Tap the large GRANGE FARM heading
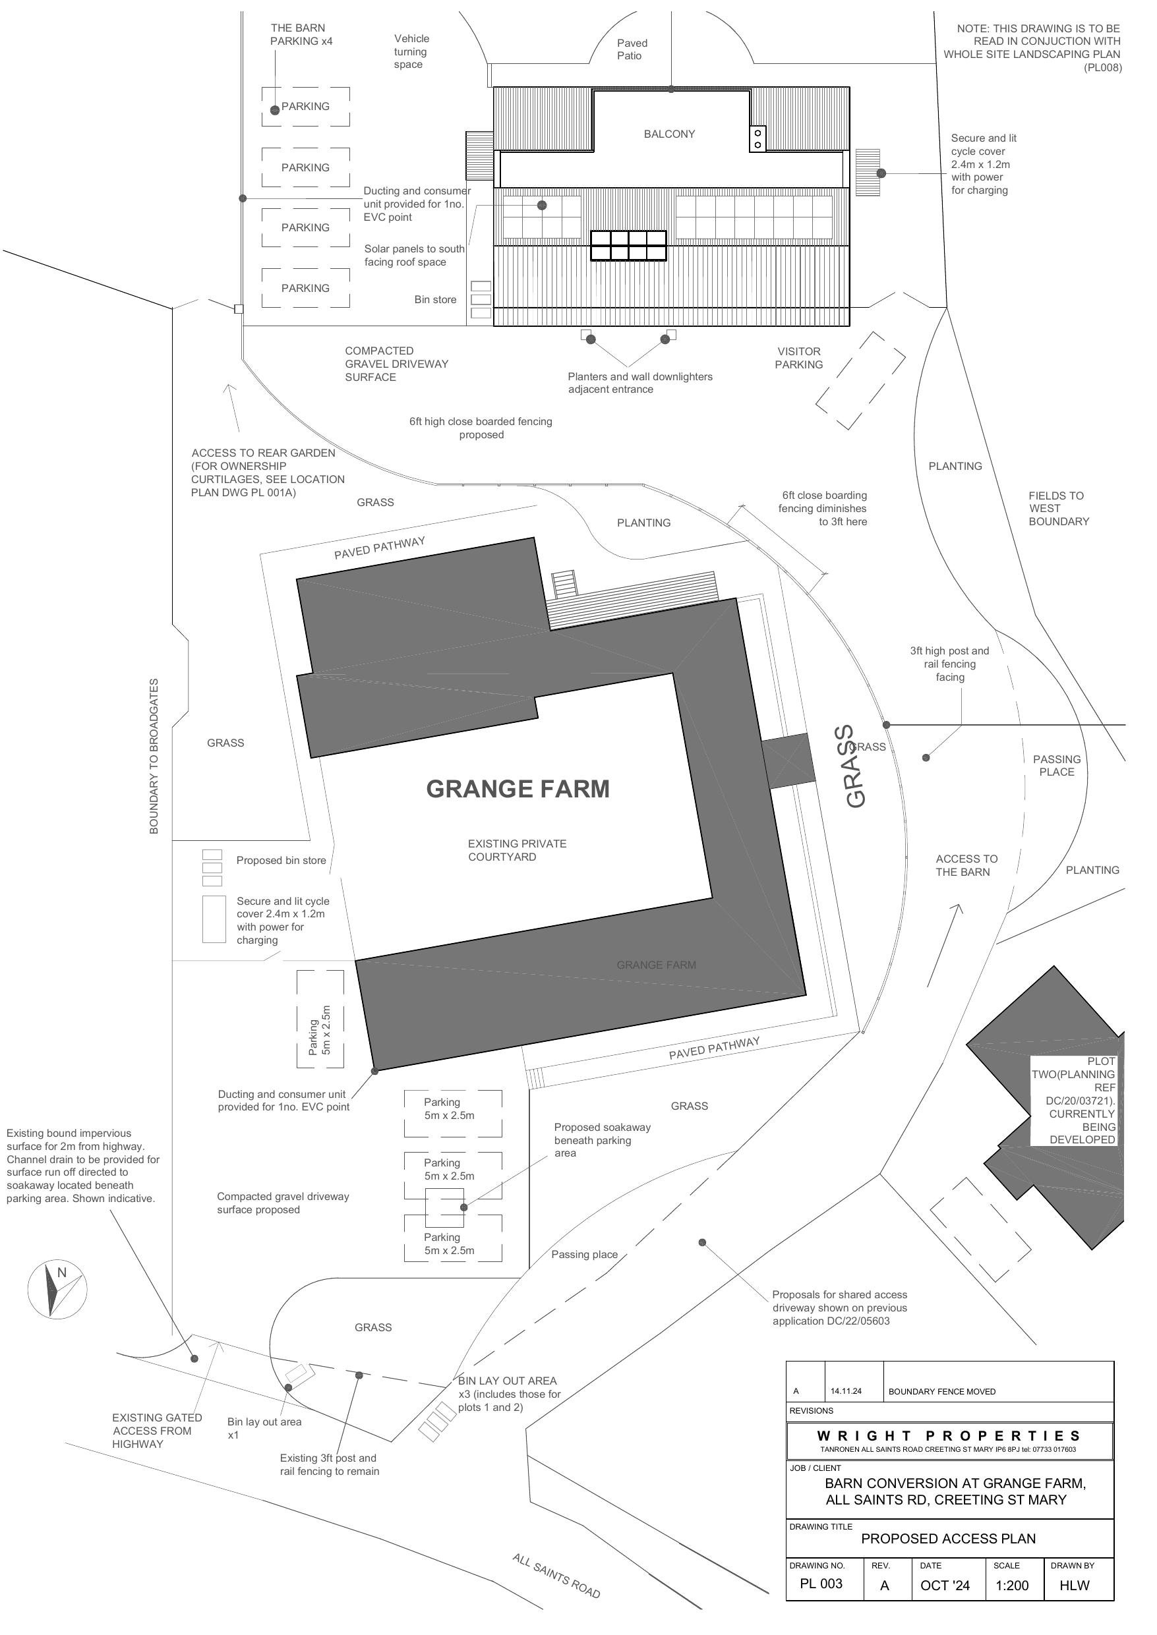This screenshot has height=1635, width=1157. coord(518,788)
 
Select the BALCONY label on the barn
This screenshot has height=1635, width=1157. coord(669,134)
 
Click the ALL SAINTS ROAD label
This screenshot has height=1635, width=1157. coord(556,1576)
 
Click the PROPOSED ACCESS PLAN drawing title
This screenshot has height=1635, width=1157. coord(948,1538)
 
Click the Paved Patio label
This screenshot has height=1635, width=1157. coord(630,50)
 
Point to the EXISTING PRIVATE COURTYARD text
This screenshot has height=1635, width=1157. coord(518,850)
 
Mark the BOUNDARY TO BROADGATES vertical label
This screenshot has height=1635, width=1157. coord(154,757)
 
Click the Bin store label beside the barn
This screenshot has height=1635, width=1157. coord(435,300)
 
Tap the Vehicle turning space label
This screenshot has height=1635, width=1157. coord(411,52)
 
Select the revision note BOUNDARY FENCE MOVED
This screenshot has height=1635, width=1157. coord(942,1391)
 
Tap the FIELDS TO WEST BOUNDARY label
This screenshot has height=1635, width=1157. coord(1059,509)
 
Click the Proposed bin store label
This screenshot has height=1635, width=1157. coord(281,860)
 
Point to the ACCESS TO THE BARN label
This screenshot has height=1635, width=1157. coord(966,865)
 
